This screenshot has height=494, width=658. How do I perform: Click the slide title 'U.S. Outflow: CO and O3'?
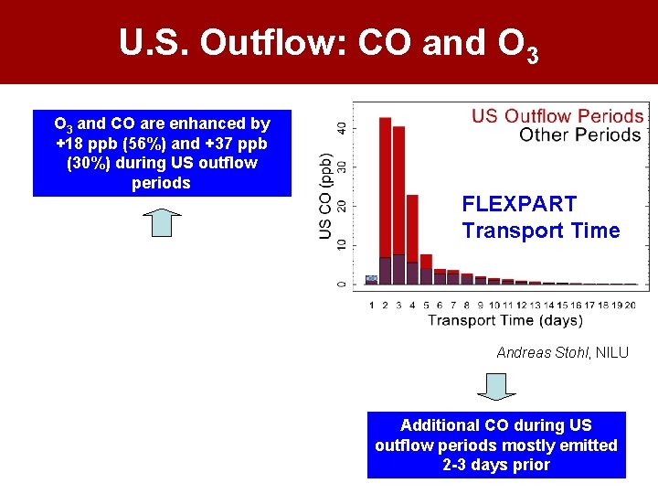[x=328, y=43]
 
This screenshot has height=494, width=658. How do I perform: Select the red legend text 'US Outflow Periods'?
[x=557, y=116]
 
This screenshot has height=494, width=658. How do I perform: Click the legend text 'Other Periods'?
[x=579, y=135]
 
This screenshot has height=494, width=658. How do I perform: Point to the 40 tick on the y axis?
[x=342, y=126]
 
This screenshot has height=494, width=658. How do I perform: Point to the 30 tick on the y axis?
[x=342, y=166]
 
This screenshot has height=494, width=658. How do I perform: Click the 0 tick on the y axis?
[x=342, y=284]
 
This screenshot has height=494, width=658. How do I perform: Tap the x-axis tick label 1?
[x=371, y=305]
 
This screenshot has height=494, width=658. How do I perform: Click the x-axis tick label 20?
[x=630, y=305]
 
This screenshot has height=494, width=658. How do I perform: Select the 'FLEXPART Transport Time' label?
[x=540, y=218]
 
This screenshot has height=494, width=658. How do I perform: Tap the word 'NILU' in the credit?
[x=612, y=352]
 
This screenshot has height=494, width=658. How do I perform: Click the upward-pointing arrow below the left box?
[x=163, y=223]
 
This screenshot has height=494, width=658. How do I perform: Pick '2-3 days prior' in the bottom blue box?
[x=496, y=465]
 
